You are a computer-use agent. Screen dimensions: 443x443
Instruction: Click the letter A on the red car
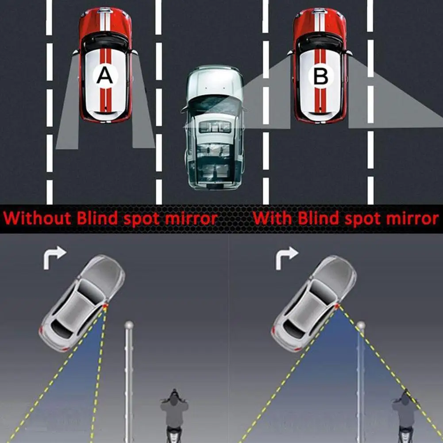(105, 76)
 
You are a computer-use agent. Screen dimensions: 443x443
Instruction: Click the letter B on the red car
(320, 77)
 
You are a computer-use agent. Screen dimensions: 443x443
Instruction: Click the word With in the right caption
(273, 218)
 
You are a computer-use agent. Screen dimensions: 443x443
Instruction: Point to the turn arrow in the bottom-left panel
(54, 258)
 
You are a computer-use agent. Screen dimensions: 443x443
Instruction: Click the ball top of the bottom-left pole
(129, 325)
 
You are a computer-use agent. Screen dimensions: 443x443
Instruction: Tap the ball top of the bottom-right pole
(361, 326)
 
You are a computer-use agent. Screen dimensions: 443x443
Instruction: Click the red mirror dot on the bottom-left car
(105, 306)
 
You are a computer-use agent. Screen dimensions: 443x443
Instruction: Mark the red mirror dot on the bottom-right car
(337, 306)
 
